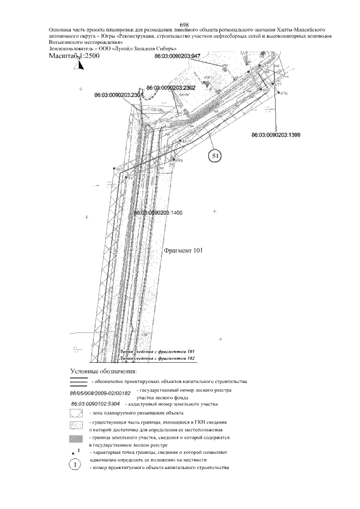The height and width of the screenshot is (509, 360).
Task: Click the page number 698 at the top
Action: tap(183, 25)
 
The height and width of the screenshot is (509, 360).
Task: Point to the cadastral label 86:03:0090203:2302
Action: tap(170, 88)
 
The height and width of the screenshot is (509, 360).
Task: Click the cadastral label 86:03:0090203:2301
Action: tap(119, 96)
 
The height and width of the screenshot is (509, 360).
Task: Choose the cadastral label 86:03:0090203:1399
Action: tap(276, 135)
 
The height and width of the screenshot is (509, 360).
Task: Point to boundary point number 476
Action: tap(283, 93)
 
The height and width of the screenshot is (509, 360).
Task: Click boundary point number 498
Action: tap(180, 161)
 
